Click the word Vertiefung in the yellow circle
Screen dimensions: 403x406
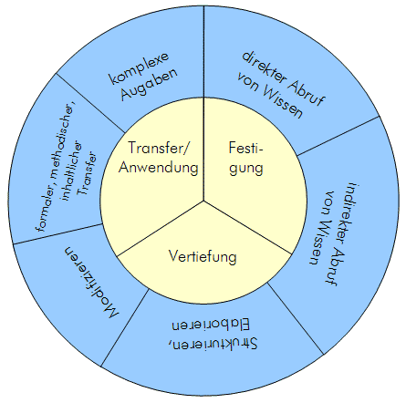pyautogui.click(x=203, y=257)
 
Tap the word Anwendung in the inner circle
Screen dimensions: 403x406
pyautogui.click(x=162, y=168)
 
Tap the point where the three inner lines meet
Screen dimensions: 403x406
pyautogui.click(x=203, y=197)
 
